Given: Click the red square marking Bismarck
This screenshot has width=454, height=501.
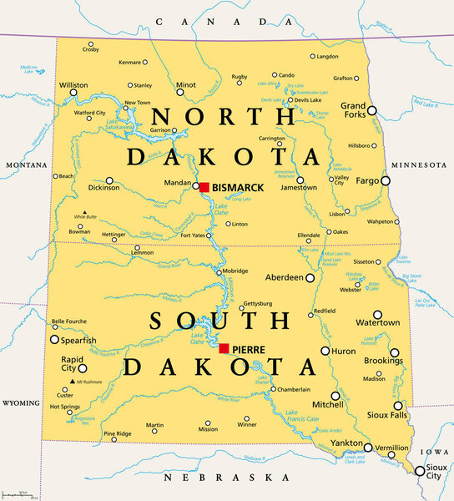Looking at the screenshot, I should coord(204,187).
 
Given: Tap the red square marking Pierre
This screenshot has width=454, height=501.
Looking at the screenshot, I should coord(224,348).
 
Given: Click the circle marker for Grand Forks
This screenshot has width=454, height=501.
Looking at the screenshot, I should coord(372,110).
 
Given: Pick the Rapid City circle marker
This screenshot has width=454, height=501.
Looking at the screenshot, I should coord(82,367).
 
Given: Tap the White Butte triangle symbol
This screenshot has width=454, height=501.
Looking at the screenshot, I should coord(84,212).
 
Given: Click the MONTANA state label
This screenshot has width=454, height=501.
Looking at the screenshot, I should coord(25,165).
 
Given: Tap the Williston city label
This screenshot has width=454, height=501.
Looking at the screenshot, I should coord(74,85).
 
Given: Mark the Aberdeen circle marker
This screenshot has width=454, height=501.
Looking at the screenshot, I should coord(310,277).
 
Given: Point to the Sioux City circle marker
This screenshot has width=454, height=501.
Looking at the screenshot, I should coord(419,471).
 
